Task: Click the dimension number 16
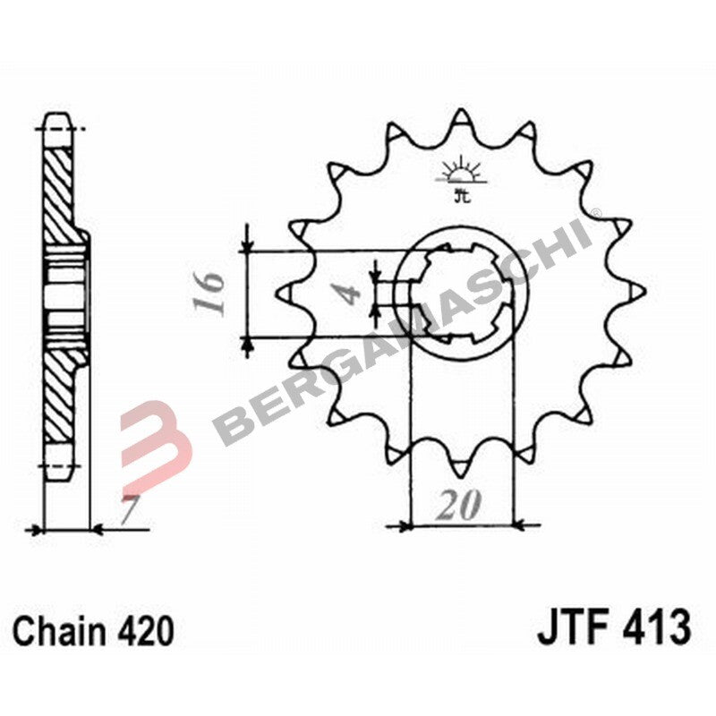pos(210,293)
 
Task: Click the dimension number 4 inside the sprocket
pos(351,293)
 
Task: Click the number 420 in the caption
pos(145,631)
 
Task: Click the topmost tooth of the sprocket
pos(461,121)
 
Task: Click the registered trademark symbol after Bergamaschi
pos(597,213)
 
